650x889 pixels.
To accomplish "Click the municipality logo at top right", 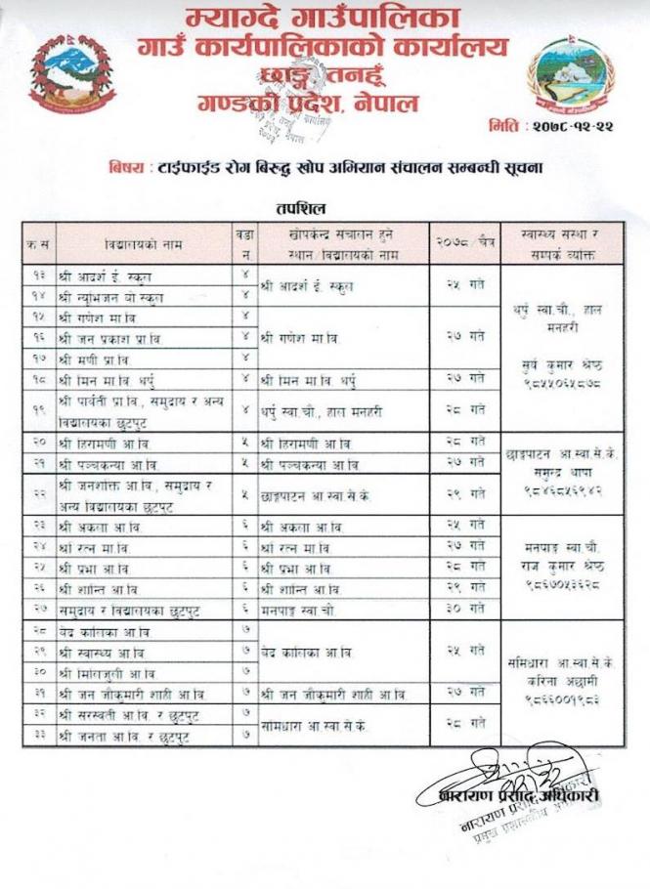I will coord(571,75).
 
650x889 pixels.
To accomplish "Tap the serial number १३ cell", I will coord(40,275).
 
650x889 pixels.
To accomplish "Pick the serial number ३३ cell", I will coord(40,736).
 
